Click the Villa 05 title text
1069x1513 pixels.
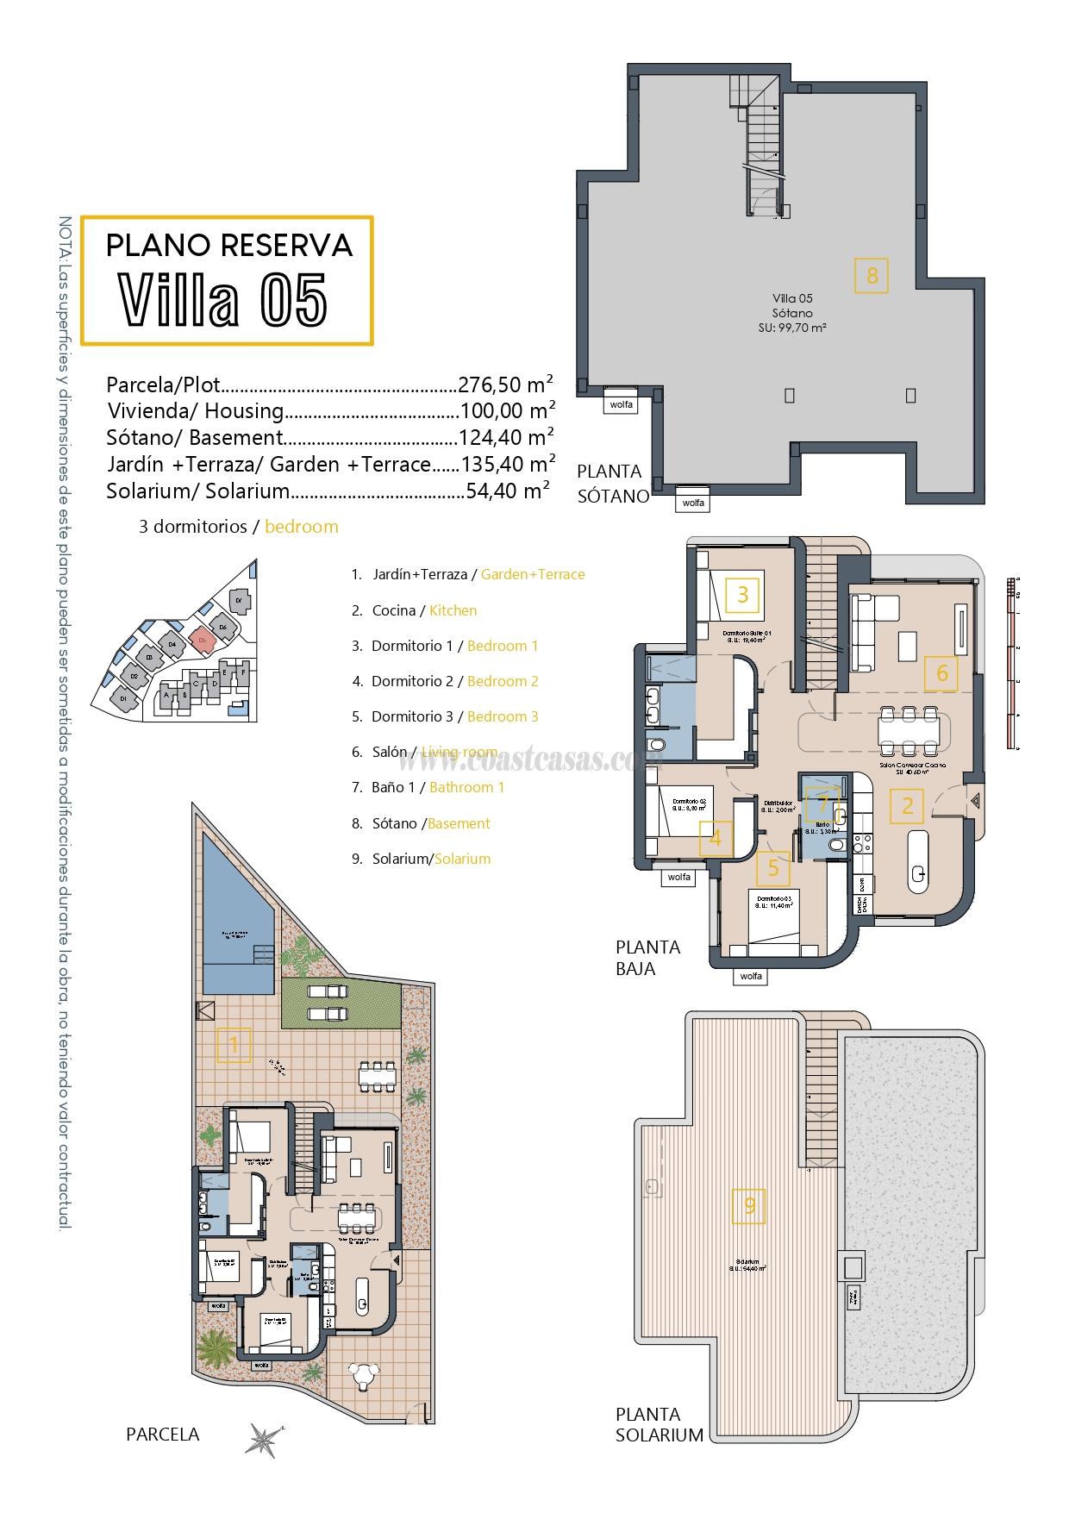point(223,300)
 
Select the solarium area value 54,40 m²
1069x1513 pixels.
point(508,491)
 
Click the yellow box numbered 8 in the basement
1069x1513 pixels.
point(872,276)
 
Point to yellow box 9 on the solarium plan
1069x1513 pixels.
point(749,1205)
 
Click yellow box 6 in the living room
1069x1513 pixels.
point(941,673)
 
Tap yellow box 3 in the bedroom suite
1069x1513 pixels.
point(743,593)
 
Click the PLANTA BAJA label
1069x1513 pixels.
point(648,958)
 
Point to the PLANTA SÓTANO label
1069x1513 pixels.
point(611,484)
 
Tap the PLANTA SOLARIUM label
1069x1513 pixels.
point(659,1424)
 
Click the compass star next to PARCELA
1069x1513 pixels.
point(262,1439)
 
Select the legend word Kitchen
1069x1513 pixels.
point(453,610)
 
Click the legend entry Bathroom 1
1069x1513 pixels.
point(466,787)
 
